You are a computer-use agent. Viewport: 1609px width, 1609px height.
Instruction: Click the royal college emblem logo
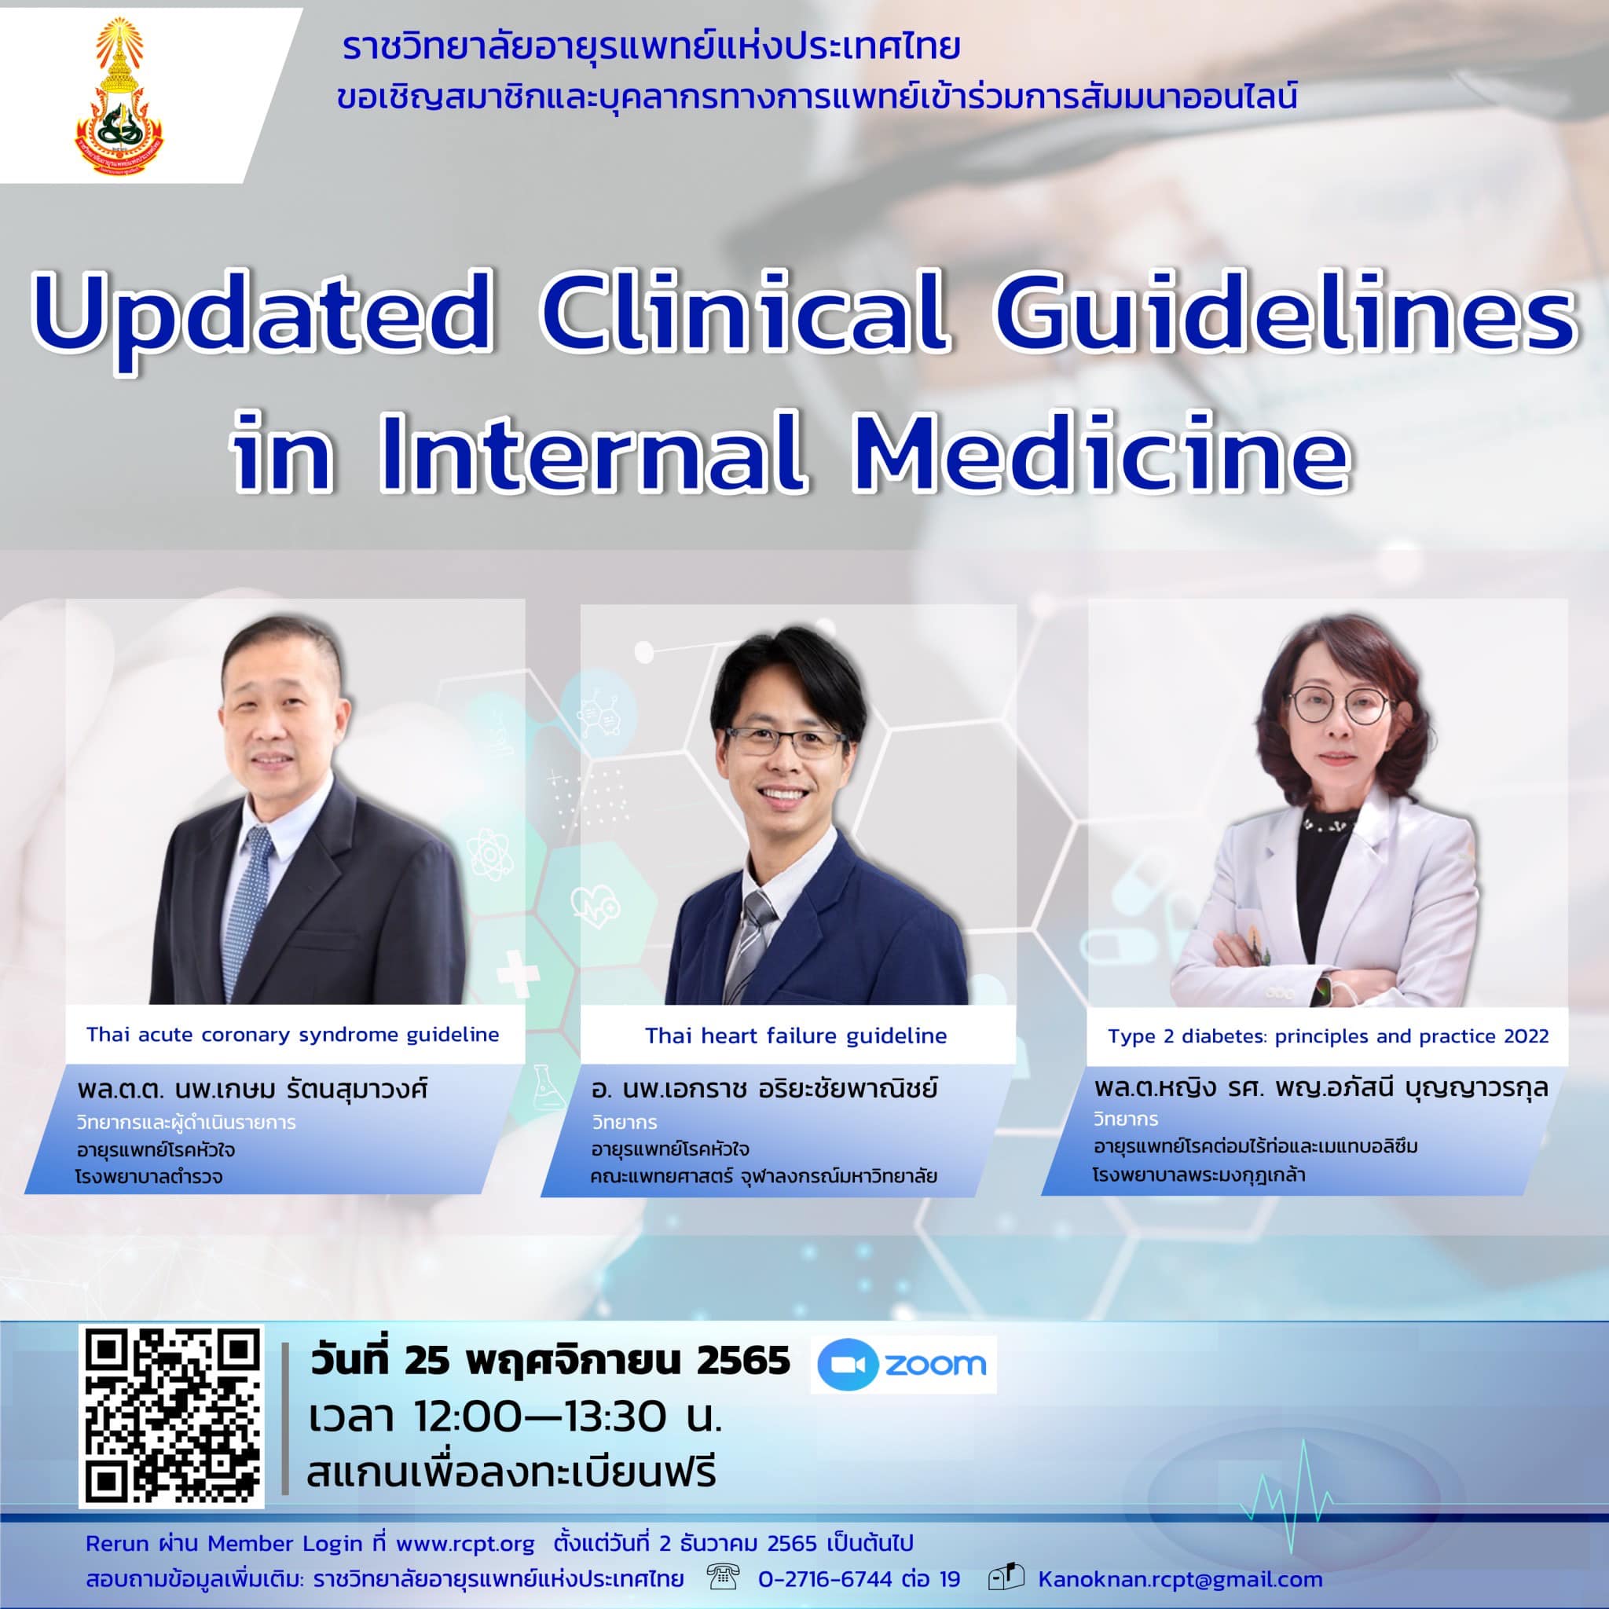coord(120,97)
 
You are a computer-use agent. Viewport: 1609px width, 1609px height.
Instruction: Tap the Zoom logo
coord(903,1364)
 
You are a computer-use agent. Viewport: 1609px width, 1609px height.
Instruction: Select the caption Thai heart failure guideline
coord(795,1036)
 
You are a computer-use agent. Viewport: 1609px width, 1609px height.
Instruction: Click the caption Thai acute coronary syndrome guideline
coord(292,1035)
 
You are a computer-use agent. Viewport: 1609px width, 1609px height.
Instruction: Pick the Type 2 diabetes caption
coord(1328,1037)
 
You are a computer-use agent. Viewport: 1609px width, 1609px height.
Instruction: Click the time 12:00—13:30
coord(545,1417)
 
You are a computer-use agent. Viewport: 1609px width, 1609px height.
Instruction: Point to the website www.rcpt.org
coord(465,1543)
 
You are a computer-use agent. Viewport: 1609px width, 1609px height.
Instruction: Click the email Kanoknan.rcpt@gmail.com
coord(1180,1579)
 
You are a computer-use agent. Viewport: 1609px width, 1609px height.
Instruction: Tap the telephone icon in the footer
coord(721,1578)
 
